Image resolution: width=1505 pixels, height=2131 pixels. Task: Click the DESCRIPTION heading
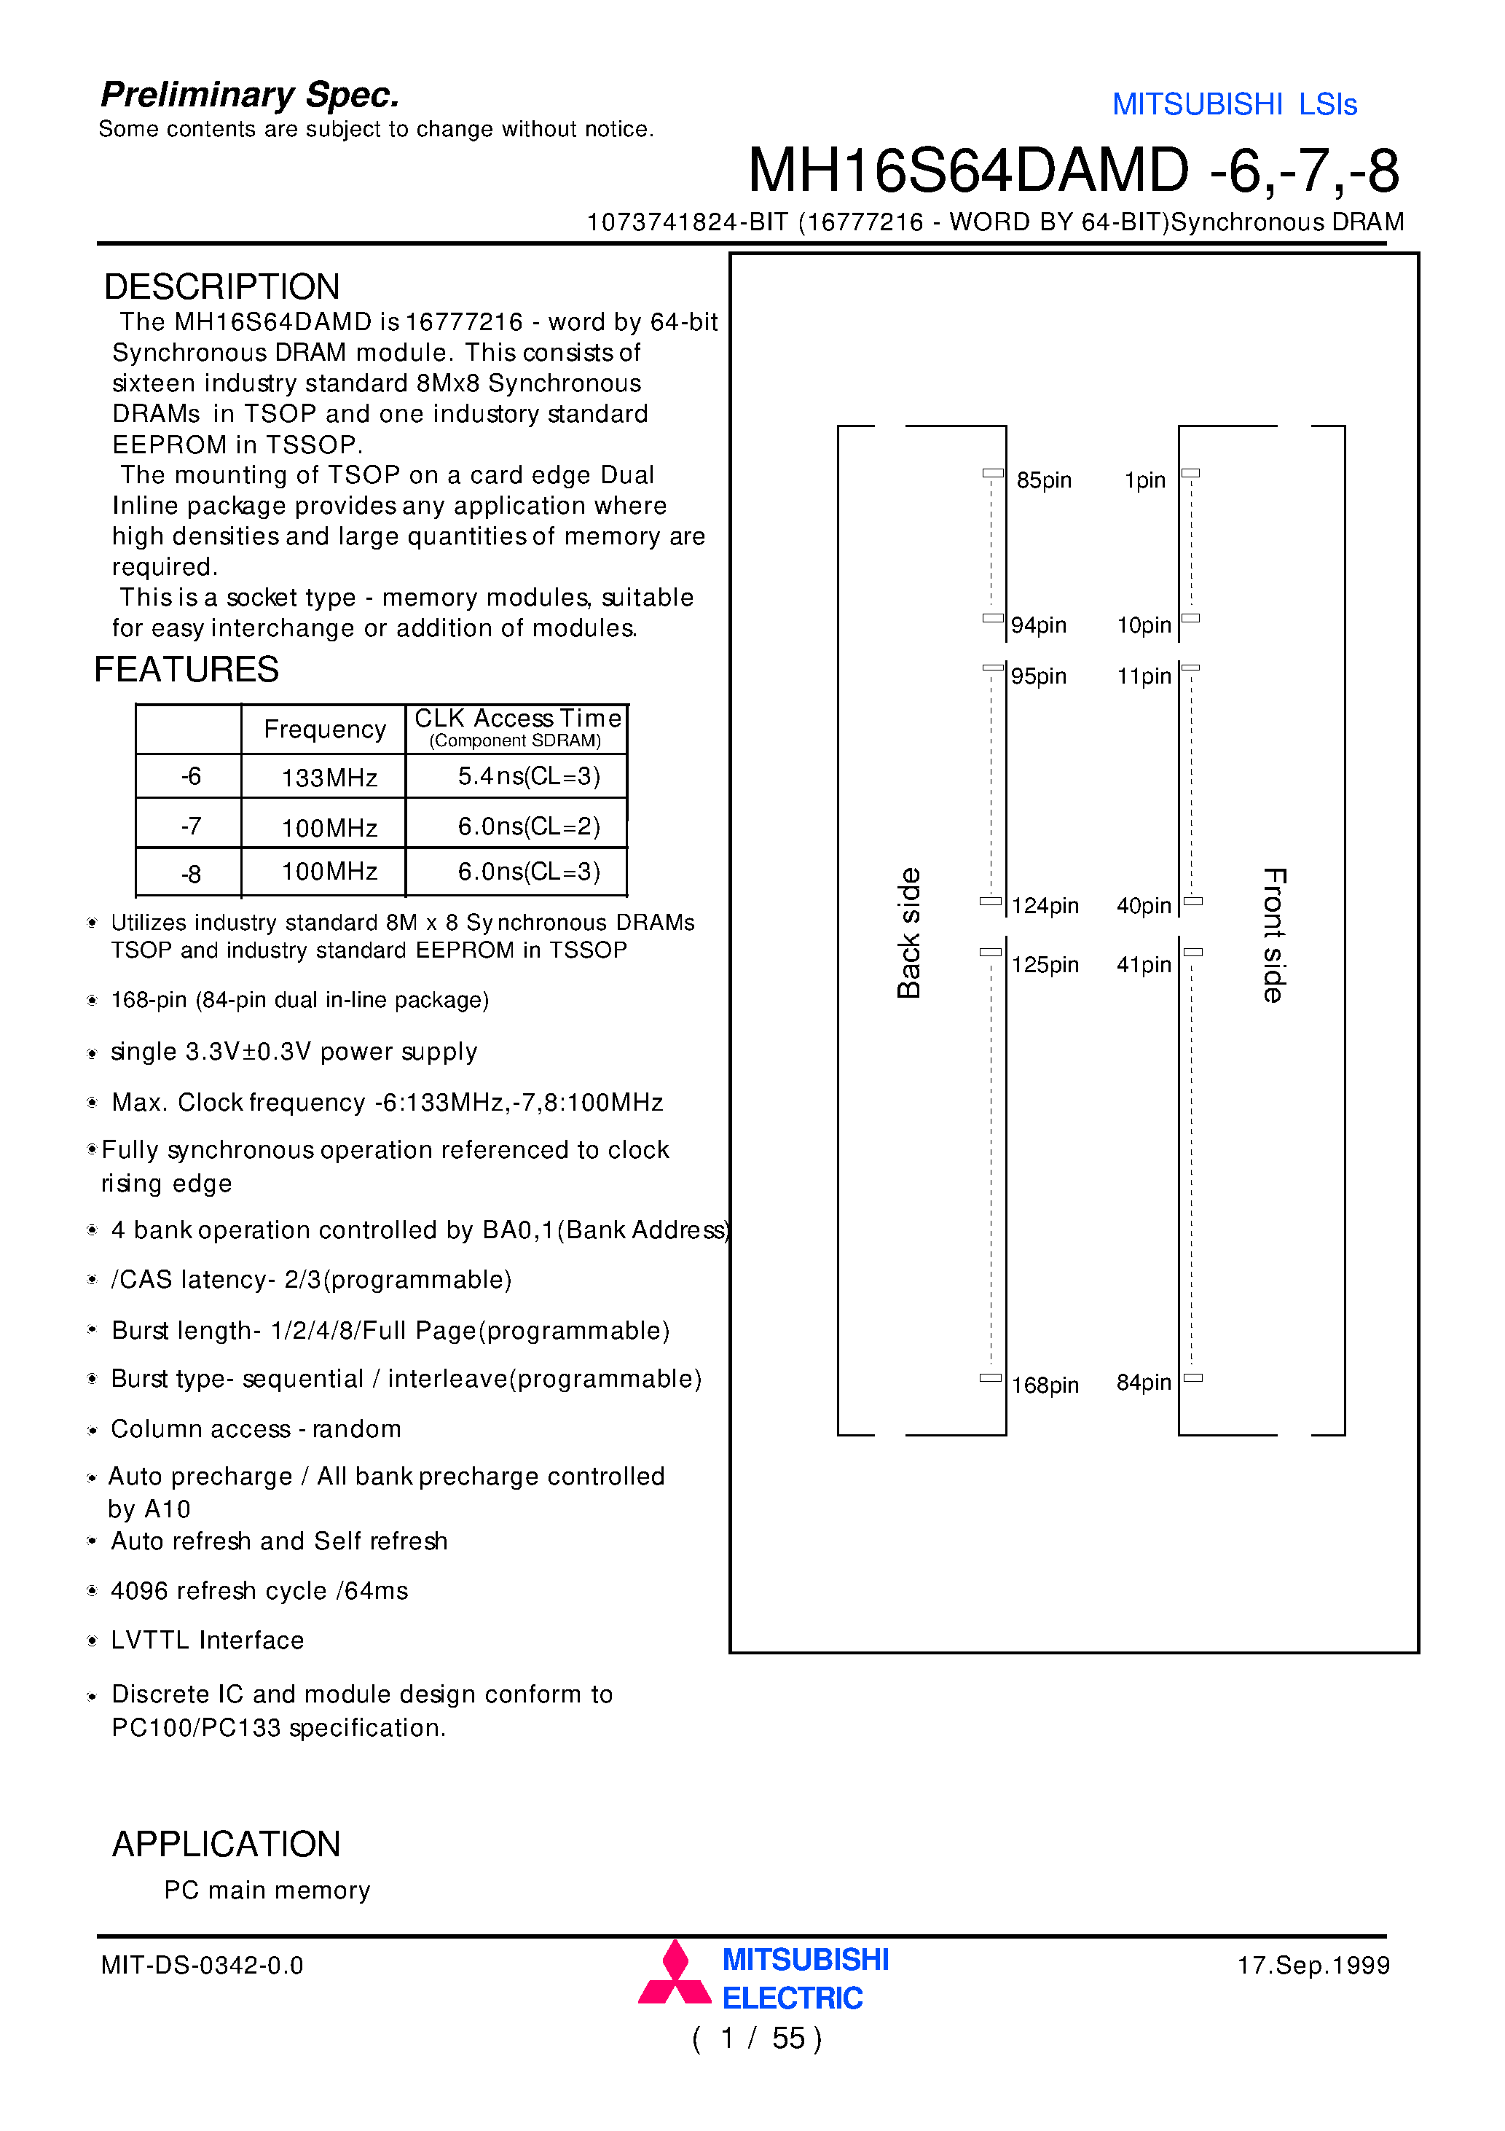pyautogui.click(x=221, y=287)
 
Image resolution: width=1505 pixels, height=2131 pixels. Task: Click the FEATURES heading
pyautogui.click(x=186, y=669)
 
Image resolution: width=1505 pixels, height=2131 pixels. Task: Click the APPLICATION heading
pyautogui.click(x=227, y=1843)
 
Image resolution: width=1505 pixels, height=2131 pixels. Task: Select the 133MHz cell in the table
pyautogui.click(x=329, y=777)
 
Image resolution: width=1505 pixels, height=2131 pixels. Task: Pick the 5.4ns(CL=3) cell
pyautogui.click(x=528, y=776)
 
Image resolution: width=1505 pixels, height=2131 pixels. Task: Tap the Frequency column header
pyautogui.click(x=325, y=729)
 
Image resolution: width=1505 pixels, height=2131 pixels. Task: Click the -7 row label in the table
pyautogui.click(x=190, y=825)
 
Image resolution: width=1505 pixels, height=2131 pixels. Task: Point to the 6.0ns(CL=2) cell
pyautogui.click(x=528, y=825)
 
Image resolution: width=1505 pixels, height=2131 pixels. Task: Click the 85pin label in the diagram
pyautogui.click(x=1043, y=480)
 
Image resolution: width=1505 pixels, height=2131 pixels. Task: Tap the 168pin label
pyautogui.click(x=1045, y=1385)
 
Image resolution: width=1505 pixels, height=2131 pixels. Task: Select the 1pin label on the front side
pyautogui.click(x=1144, y=480)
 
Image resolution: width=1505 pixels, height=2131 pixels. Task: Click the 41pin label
pyautogui.click(x=1143, y=964)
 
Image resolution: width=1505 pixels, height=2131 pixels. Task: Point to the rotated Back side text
pyautogui.click(x=908, y=932)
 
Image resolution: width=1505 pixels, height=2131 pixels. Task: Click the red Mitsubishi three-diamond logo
pyautogui.click(x=675, y=1974)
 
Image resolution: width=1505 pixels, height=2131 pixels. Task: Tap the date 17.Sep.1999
pyautogui.click(x=1313, y=1965)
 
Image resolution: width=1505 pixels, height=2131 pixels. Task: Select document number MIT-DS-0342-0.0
pyautogui.click(x=203, y=1965)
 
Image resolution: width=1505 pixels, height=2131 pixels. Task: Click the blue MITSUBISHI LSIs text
pyautogui.click(x=1234, y=104)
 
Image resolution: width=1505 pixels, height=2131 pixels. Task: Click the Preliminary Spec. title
pyautogui.click(x=250, y=95)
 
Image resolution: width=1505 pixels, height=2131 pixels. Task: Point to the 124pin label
pyautogui.click(x=1045, y=905)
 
